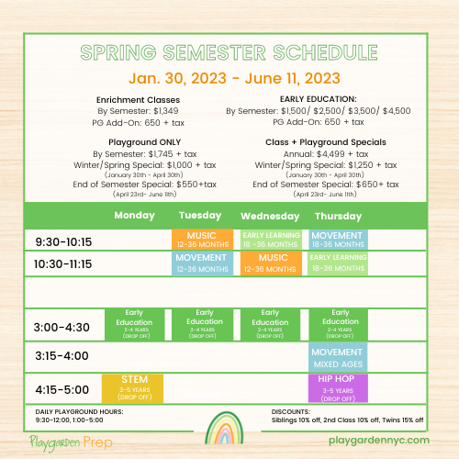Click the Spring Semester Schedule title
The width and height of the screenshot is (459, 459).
229,51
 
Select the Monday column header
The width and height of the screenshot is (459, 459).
134,215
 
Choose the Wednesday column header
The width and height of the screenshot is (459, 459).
270,215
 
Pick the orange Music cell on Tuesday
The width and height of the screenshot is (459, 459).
201,240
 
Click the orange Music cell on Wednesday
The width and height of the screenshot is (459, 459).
272,263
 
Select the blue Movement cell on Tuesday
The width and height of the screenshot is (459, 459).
201,263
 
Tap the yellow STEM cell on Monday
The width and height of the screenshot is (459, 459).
134,386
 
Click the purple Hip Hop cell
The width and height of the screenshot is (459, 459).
337,386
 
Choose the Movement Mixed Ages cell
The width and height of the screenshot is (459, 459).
337,355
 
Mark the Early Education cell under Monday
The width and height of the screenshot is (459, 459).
134,323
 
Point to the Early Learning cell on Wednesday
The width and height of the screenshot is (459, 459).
272,240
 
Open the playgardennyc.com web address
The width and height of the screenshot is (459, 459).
377,441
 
